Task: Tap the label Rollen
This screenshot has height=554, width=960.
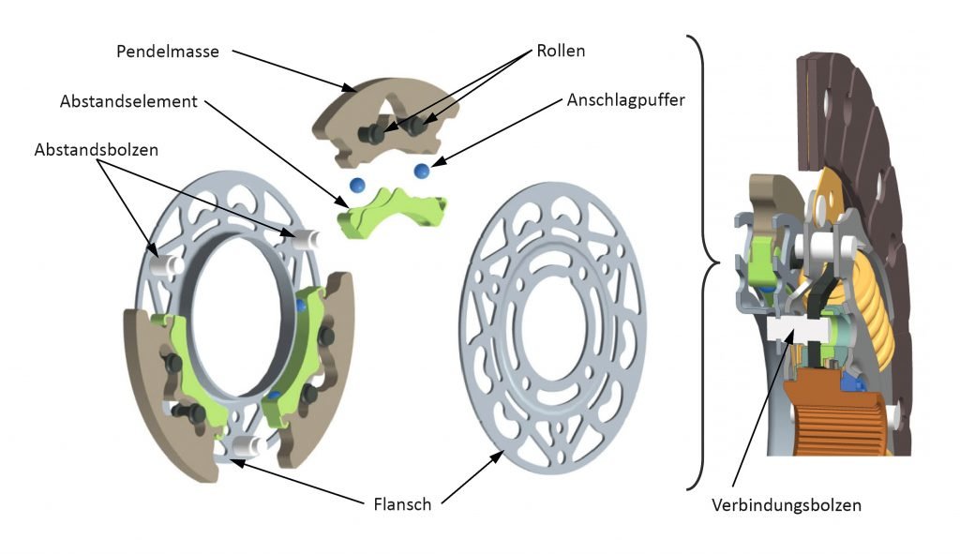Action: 561,51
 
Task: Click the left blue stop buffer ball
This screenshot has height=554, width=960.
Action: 356,183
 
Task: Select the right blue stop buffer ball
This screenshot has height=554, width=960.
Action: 422,170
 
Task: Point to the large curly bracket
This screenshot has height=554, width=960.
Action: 703,262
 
